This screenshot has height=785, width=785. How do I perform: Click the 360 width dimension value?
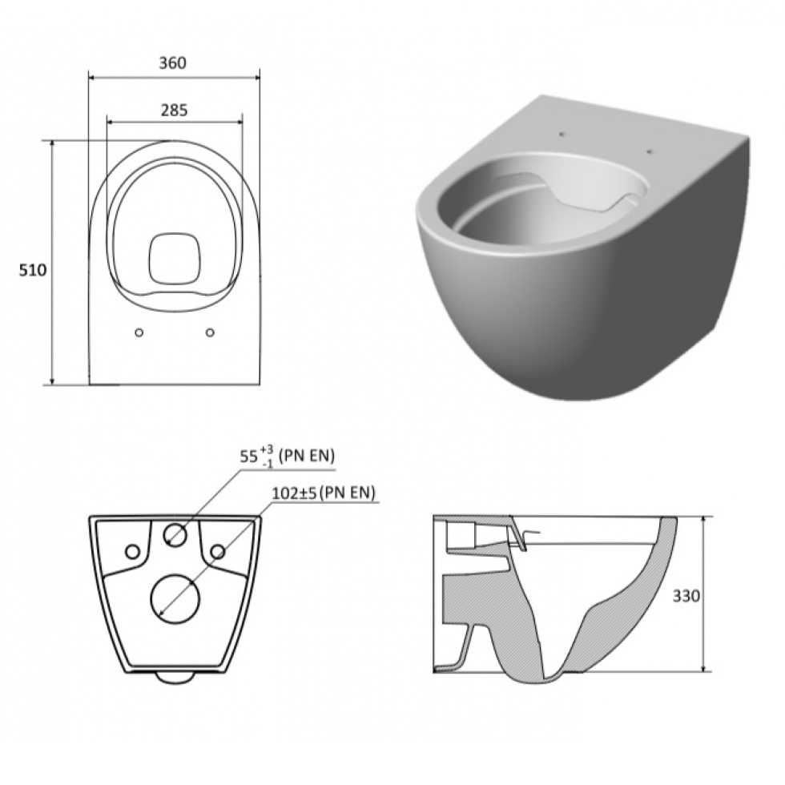pos(173,63)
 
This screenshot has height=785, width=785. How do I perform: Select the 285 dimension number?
pos(175,111)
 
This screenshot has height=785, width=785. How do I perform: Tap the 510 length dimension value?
pos(33,271)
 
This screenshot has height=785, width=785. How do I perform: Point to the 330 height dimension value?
pos(686,596)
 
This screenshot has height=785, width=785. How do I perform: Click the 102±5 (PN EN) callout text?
pos(324,493)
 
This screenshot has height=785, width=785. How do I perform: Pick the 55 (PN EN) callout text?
pos(288,457)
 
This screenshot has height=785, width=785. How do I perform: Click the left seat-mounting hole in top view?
pos(139,332)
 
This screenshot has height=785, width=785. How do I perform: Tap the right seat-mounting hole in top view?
pos(210,332)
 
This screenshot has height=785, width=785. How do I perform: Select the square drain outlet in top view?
pos(175,258)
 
